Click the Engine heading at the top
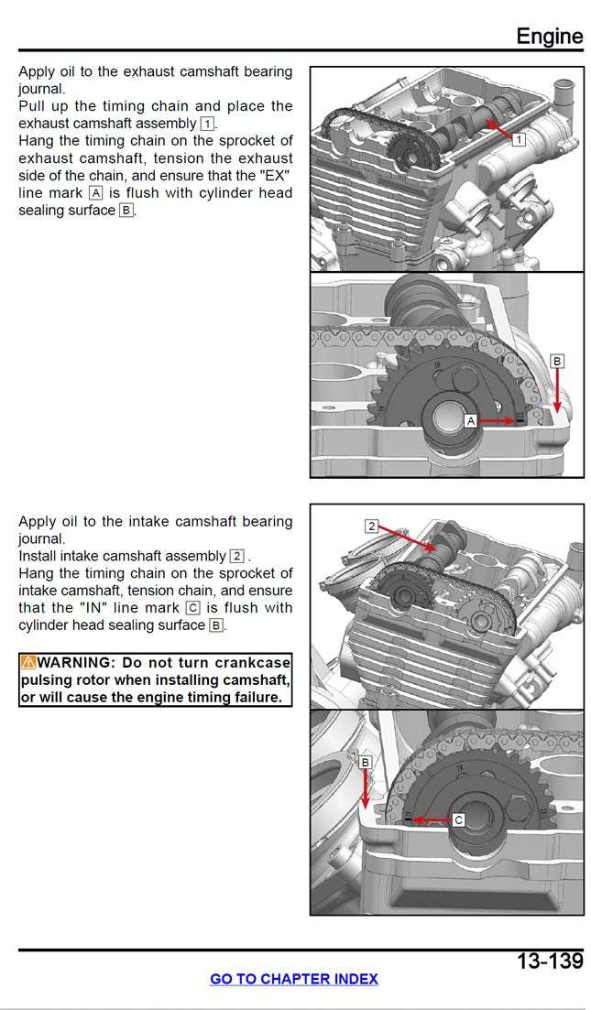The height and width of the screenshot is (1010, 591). click(549, 36)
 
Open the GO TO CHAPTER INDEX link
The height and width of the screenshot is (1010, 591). click(293, 979)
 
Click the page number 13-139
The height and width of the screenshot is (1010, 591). click(549, 961)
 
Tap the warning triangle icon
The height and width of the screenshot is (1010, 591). click(28, 662)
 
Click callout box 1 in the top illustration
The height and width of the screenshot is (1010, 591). click(518, 139)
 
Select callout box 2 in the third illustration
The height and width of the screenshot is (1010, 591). click(371, 526)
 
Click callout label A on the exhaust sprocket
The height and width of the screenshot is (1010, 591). click(470, 420)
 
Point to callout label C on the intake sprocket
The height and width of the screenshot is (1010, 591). click(459, 820)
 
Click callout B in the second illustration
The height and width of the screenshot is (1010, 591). click(557, 362)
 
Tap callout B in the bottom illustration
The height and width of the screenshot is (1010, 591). click(365, 762)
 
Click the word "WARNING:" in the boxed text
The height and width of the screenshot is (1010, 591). click(77, 662)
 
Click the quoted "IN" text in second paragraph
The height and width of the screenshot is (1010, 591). click(92, 608)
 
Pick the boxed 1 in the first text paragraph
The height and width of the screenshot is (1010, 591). click(207, 124)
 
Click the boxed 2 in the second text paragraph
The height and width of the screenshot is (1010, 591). click(237, 556)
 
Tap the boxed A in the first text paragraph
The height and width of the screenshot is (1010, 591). click(96, 193)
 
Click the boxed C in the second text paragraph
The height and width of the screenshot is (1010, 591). click(192, 608)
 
